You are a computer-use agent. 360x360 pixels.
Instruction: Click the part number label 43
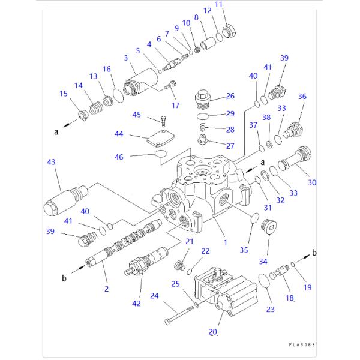click(x=50, y=162)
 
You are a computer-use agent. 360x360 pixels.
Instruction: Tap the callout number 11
click(x=218, y=5)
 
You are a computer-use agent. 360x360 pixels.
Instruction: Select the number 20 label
click(x=212, y=331)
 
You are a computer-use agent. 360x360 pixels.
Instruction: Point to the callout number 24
click(x=154, y=295)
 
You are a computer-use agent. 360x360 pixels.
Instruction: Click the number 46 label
click(x=119, y=157)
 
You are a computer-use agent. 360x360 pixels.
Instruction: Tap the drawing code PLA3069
click(x=301, y=345)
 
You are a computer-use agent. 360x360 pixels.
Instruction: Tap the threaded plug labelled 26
click(x=203, y=97)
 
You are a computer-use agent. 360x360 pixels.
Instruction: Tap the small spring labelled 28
click(x=203, y=128)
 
